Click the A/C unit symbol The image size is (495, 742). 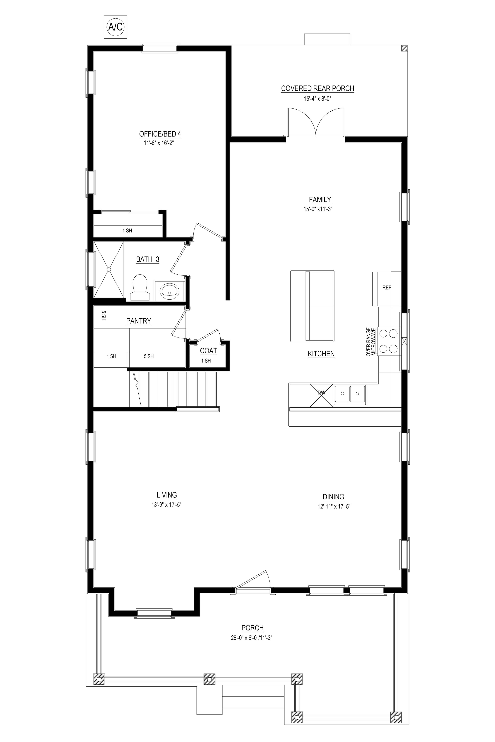click(116, 27)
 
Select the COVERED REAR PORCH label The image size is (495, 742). click(318, 88)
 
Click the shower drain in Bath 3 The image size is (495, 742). click(109, 269)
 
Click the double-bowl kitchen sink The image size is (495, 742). click(350, 394)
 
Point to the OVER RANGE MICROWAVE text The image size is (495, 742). click(371, 343)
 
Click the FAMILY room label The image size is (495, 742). click(320, 200)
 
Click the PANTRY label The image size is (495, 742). click(139, 321)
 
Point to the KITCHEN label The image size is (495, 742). click(321, 354)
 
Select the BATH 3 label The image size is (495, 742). click(148, 259)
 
